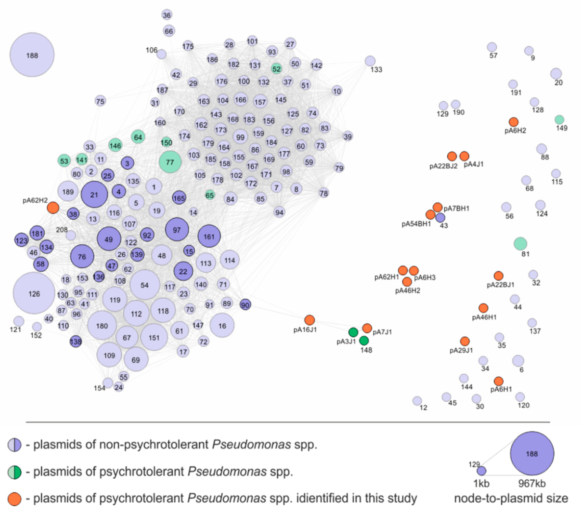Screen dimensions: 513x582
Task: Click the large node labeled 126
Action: tap(34, 293)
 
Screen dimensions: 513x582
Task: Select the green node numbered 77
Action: tap(170, 162)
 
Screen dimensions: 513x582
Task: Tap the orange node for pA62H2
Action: tap(53, 208)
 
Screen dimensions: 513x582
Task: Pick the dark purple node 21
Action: tap(94, 195)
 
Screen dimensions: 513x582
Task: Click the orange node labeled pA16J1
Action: tap(310, 320)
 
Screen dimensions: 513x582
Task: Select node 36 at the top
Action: tap(167, 15)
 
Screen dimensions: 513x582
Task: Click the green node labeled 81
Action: tap(520, 244)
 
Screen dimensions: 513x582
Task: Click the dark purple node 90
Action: tap(245, 305)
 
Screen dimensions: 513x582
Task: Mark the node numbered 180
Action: tap(102, 325)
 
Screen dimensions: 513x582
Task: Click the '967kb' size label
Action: tap(532, 483)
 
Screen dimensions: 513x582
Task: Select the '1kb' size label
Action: tap(481, 483)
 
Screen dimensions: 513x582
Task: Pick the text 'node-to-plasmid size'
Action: tap(511, 499)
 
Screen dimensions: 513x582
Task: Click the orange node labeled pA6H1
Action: tap(498, 381)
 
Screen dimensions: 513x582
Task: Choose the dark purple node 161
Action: tap(209, 236)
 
